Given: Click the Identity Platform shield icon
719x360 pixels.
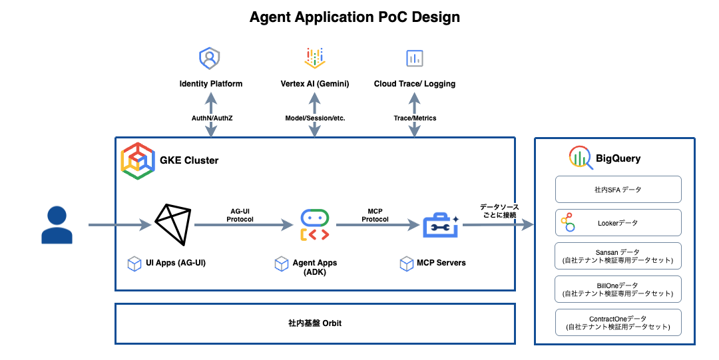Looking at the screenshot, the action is (210, 59).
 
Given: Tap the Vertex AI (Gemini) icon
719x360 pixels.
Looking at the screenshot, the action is (315, 58).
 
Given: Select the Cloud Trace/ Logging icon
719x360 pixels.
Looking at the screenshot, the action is (415, 59).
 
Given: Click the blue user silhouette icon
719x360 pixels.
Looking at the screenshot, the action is (57, 225).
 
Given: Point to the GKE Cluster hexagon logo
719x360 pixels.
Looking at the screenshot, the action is (138, 161).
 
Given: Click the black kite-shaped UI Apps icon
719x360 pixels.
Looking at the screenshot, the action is (173, 224).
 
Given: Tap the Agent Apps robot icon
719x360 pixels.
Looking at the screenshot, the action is (314, 225).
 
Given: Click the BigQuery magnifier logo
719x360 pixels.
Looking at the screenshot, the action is (581, 158).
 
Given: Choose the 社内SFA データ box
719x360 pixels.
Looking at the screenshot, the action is (618, 190).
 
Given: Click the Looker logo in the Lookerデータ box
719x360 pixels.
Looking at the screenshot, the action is (568, 222).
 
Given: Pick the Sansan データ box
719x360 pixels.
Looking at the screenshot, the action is (618, 256).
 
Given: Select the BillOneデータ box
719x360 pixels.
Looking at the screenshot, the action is (618, 289).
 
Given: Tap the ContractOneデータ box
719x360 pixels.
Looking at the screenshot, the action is (618, 322).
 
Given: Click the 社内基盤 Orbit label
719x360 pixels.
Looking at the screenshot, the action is (315, 323).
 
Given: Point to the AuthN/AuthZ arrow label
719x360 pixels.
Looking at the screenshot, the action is (212, 118).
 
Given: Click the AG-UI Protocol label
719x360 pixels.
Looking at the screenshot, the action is (240, 216).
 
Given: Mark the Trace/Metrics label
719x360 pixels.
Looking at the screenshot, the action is (415, 118).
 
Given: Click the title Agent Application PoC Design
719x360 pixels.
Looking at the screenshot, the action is (354, 17).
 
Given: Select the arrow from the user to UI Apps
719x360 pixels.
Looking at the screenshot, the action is (120, 225).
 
